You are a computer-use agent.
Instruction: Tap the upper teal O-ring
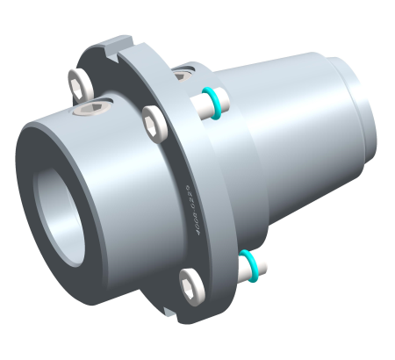[x=211, y=94]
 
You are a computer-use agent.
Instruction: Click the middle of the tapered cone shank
[x=281, y=123]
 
